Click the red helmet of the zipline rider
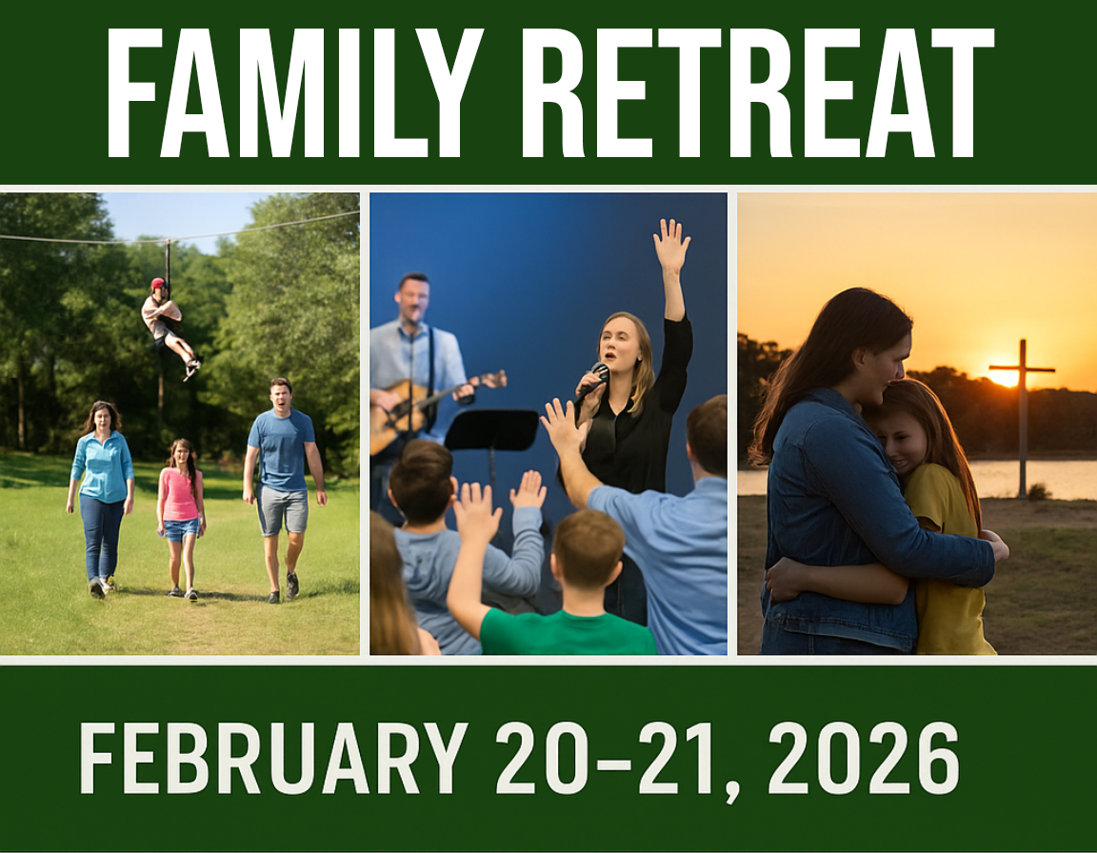(x=158, y=284)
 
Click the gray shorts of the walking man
(x=283, y=509)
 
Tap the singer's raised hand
(x=671, y=245)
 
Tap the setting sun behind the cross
(x=1004, y=377)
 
